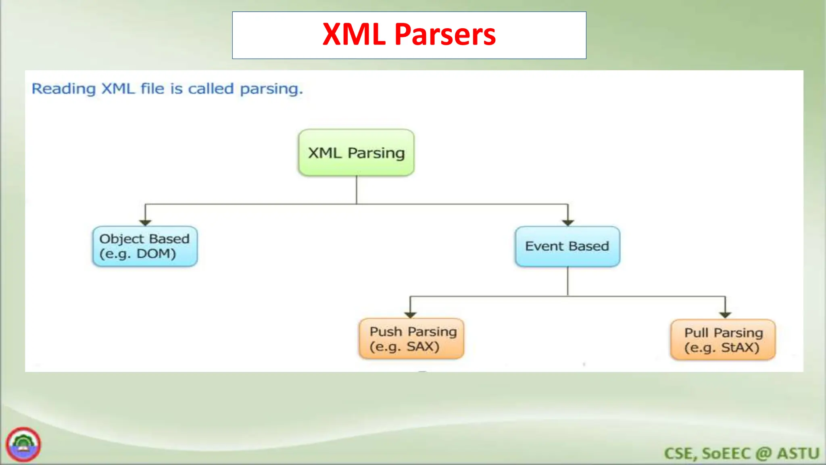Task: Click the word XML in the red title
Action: click(x=354, y=34)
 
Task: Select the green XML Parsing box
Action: click(x=356, y=153)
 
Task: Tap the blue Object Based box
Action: click(x=145, y=246)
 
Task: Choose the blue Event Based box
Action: click(x=567, y=246)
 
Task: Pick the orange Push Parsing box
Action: click(x=411, y=339)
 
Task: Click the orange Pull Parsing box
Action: click(x=723, y=339)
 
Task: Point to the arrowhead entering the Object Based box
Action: click(x=145, y=222)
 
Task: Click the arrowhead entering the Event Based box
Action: click(x=568, y=222)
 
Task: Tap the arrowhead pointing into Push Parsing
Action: click(x=410, y=315)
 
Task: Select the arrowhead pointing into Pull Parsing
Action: click(x=725, y=315)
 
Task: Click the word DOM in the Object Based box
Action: click(x=155, y=254)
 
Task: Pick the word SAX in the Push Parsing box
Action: click(x=422, y=346)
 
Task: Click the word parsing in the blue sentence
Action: click(x=271, y=89)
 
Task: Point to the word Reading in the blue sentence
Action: click(x=63, y=89)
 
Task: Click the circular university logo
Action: click(x=23, y=444)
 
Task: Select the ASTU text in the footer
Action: click(x=798, y=453)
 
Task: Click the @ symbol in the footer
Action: click(x=763, y=453)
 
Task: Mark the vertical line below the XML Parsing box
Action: click(x=357, y=190)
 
